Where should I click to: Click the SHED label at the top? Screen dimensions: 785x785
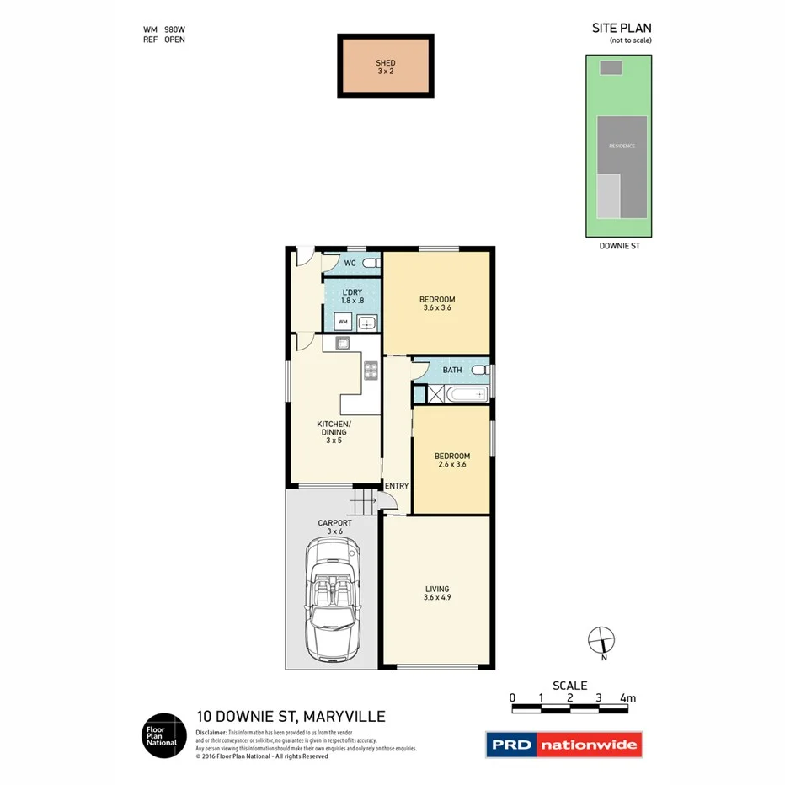[x=385, y=63]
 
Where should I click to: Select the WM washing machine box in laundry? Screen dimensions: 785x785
[x=343, y=322]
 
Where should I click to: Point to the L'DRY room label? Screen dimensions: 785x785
[x=352, y=292]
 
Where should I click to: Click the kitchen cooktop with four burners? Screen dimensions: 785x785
[x=370, y=371]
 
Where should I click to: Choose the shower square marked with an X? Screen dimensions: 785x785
[x=436, y=393]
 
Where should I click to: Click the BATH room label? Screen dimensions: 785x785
[x=451, y=370]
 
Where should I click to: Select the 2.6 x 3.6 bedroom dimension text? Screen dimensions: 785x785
[x=453, y=464]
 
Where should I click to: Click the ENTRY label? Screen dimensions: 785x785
[x=396, y=486]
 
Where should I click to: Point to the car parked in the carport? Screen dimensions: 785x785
[x=335, y=600]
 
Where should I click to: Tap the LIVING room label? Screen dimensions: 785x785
[x=436, y=589]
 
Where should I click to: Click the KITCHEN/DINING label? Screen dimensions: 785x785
[x=334, y=428]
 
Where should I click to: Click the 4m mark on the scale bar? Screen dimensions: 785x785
[x=627, y=697]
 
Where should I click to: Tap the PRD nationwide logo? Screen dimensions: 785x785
[x=563, y=745]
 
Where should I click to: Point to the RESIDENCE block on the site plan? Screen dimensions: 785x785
[x=623, y=147]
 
